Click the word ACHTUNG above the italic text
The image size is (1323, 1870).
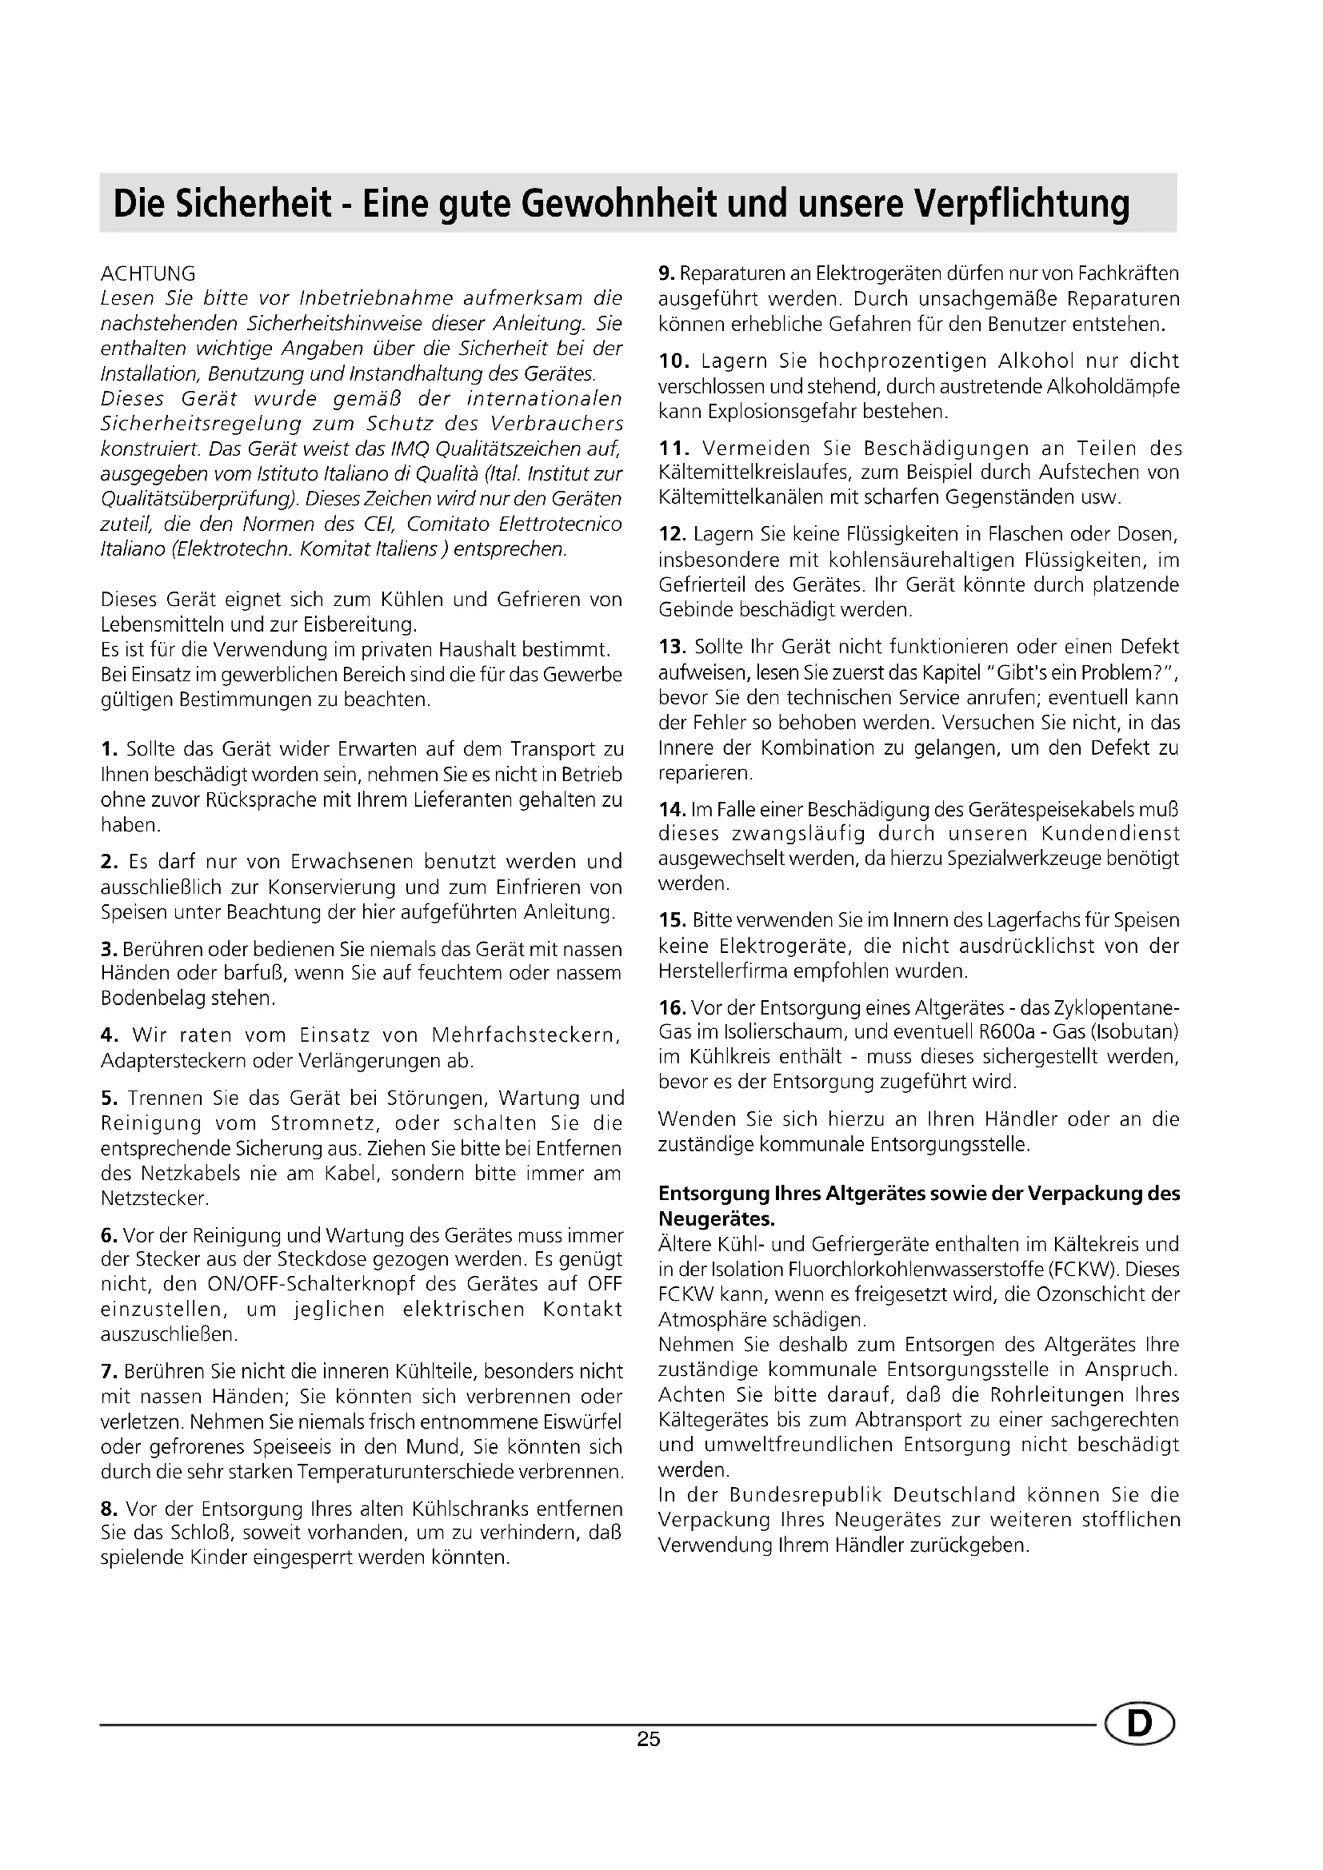pos(147,273)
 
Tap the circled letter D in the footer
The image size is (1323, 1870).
pos(1140,1724)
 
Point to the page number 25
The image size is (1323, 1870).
pos(649,1740)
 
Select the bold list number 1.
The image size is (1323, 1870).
pos(109,749)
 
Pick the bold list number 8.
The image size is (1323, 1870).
pos(110,1509)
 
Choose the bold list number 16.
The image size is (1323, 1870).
pos(672,1008)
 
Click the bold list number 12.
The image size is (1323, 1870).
pos(672,534)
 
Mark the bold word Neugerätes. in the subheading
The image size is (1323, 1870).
pos(717,1219)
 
